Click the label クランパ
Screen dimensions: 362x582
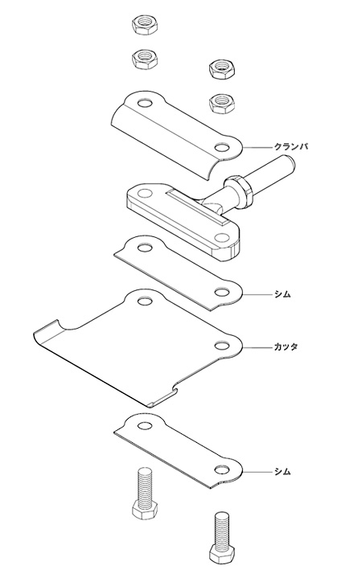coord(290,146)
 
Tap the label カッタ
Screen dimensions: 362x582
coord(286,347)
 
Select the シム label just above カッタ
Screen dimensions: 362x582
coord(282,294)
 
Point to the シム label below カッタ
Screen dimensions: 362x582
coord(282,472)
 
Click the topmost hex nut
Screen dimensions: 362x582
coord(145,26)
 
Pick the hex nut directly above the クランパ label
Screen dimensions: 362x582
coord(222,102)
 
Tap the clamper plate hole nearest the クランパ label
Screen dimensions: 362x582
coord(222,147)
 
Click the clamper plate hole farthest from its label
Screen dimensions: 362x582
coord(145,102)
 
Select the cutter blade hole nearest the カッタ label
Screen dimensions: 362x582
coord(222,346)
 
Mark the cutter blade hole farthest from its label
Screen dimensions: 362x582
coord(145,301)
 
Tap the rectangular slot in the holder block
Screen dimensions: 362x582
coord(195,205)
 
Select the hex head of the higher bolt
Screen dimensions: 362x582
coord(145,510)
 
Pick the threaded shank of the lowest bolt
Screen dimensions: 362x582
coord(222,530)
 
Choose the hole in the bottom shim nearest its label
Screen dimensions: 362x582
coord(222,470)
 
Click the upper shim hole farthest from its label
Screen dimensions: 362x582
coord(145,248)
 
